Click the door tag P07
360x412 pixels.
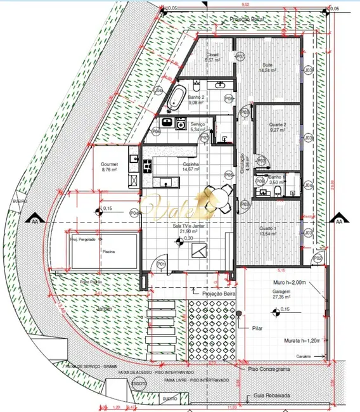[x=240, y=57]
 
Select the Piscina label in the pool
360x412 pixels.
[x=109, y=252]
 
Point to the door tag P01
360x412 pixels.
[x=161, y=263]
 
